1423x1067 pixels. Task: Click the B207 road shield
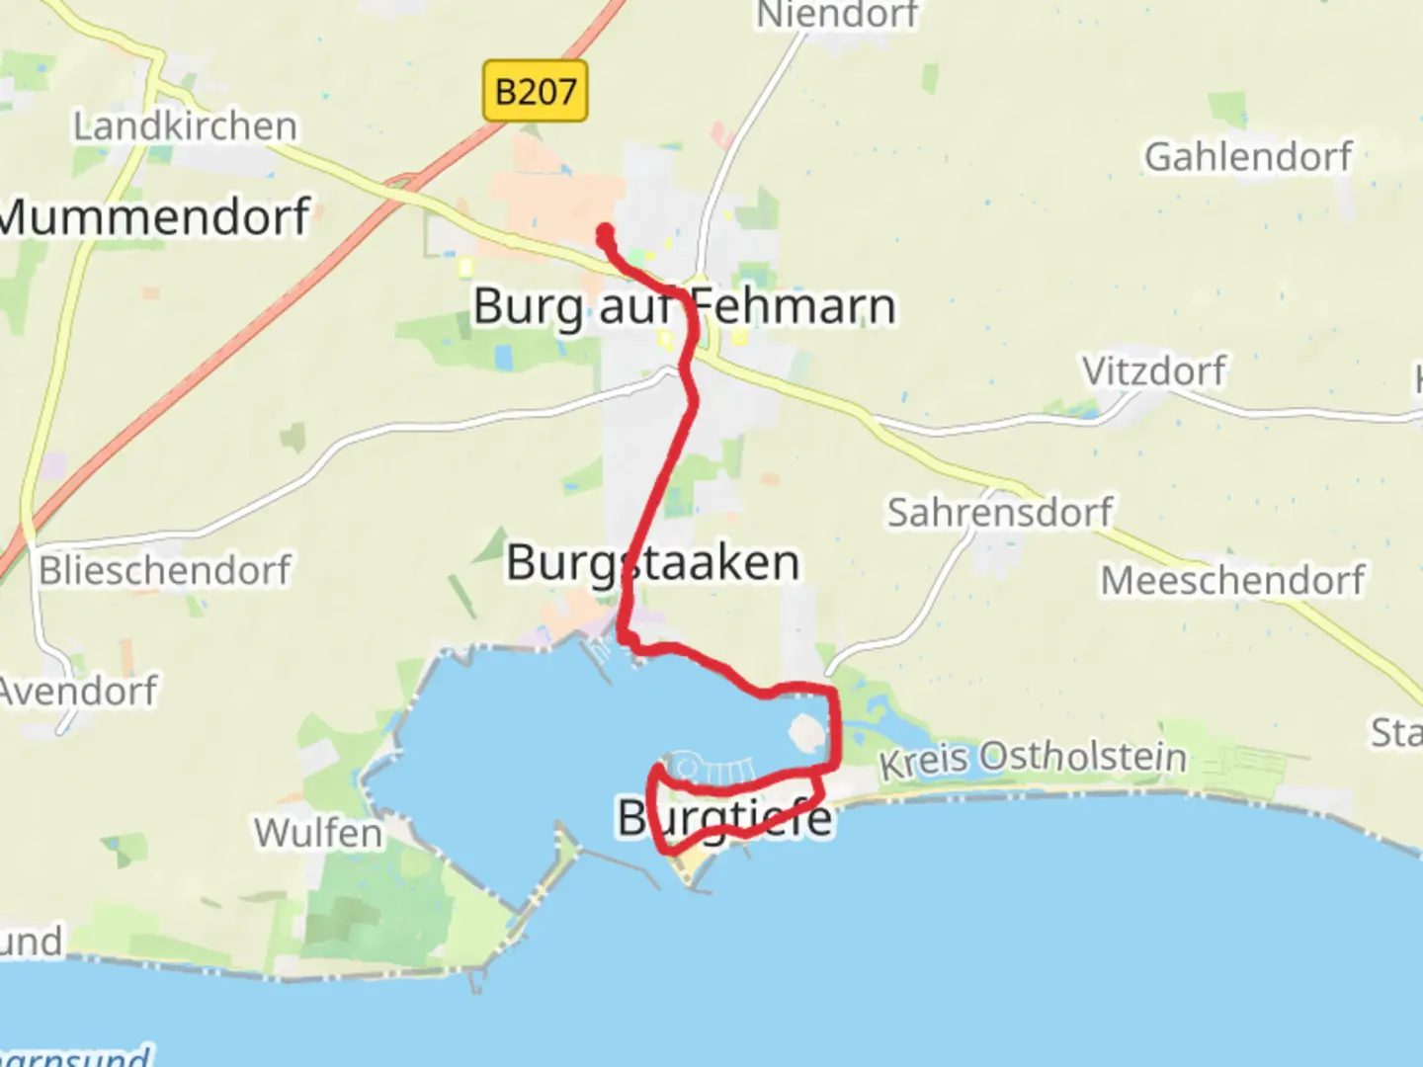pos(535,92)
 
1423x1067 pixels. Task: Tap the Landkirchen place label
pos(185,126)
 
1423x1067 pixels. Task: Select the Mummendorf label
pos(154,217)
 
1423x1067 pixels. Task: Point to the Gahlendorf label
pos(1248,157)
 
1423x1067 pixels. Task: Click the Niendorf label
pos(837,15)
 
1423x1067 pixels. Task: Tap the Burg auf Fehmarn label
pos(684,306)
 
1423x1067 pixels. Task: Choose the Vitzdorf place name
pos(1153,371)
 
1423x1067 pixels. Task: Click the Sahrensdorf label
pos(999,513)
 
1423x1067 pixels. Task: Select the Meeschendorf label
pos(1232,580)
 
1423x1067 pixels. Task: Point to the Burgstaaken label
pos(652,563)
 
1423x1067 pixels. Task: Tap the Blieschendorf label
pos(165,570)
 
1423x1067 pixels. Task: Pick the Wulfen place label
pos(317,833)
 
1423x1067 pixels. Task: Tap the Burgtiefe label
pos(724,818)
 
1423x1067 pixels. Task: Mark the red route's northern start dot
pos(604,233)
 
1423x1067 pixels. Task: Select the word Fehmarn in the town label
pos(794,306)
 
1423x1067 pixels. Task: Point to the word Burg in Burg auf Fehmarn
pos(528,307)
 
